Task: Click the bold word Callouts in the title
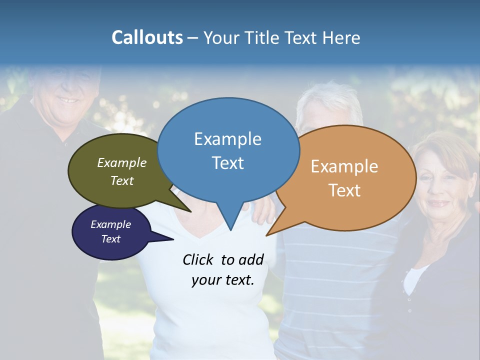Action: [147, 37]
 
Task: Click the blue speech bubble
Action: [228, 150]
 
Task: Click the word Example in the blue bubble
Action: [227, 139]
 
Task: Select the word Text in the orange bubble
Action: [344, 190]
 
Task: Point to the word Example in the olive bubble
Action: [122, 163]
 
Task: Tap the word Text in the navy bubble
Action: [111, 239]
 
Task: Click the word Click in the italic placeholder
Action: [198, 259]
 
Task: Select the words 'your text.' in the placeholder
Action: [223, 280]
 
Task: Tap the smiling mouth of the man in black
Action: [67, 100]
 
